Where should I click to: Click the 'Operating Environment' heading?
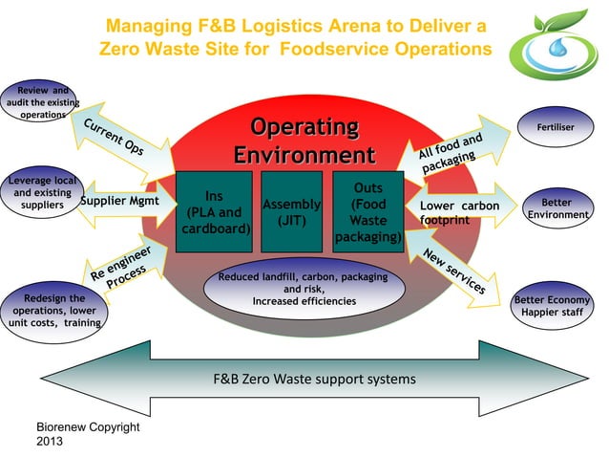[x=304, y=141]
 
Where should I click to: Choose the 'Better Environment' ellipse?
[x=556, y=208]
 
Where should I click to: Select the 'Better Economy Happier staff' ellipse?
[x=553, y=306]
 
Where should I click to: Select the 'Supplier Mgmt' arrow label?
[x=118, y=202]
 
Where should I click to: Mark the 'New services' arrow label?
[x=454, y=271]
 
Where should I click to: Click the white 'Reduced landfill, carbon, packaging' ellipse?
[x=303, y=290]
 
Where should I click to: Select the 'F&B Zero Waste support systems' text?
[x=314, y=379]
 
